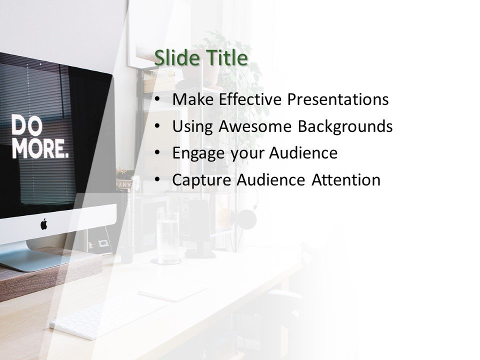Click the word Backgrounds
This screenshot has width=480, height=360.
click(x=345, y=126)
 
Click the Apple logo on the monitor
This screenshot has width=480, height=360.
click(x=43, y=224)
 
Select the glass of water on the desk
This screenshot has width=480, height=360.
click(x=167, y=235)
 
